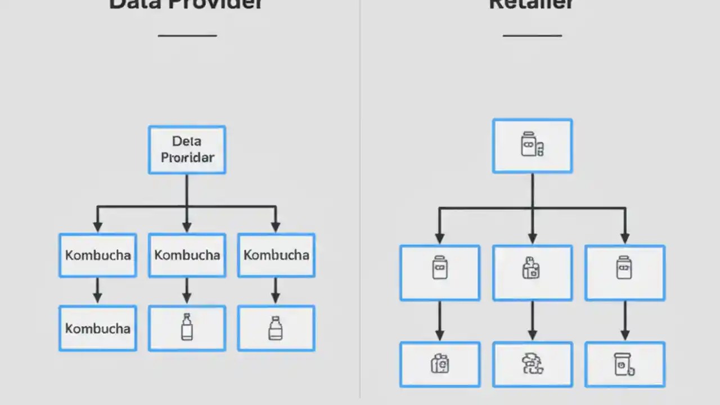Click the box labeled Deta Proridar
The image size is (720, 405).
[x=187, y=150]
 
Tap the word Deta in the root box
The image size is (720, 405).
[x=187, y=141]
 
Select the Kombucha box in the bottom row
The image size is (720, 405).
[x=97, y=328]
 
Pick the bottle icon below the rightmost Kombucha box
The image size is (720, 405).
[x=275, y=328]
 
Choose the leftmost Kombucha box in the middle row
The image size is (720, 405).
[x=97, y=255]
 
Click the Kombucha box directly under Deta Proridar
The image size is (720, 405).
[x=187, y=255]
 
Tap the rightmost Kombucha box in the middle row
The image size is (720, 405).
[x=276, y=255]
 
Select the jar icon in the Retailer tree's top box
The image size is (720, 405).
[x=532, y=145]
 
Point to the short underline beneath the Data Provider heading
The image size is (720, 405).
[x=187, y=35]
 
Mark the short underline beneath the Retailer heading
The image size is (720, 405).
[x=532, y=35]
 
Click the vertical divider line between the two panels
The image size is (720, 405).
[x=360, y=202]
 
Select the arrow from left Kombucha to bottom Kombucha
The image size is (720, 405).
[x=97, y=290]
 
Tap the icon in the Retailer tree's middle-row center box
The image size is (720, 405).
[x=531, y=268]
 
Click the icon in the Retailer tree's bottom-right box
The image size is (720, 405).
[x=624, y=364]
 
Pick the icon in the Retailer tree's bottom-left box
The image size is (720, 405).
[x=439, y=364]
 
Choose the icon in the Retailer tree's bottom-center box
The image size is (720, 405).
[x=532, y=364]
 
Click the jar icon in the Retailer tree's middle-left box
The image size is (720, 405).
[x=439, y=267]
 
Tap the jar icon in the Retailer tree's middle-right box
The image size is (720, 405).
[x=624, y=267]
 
